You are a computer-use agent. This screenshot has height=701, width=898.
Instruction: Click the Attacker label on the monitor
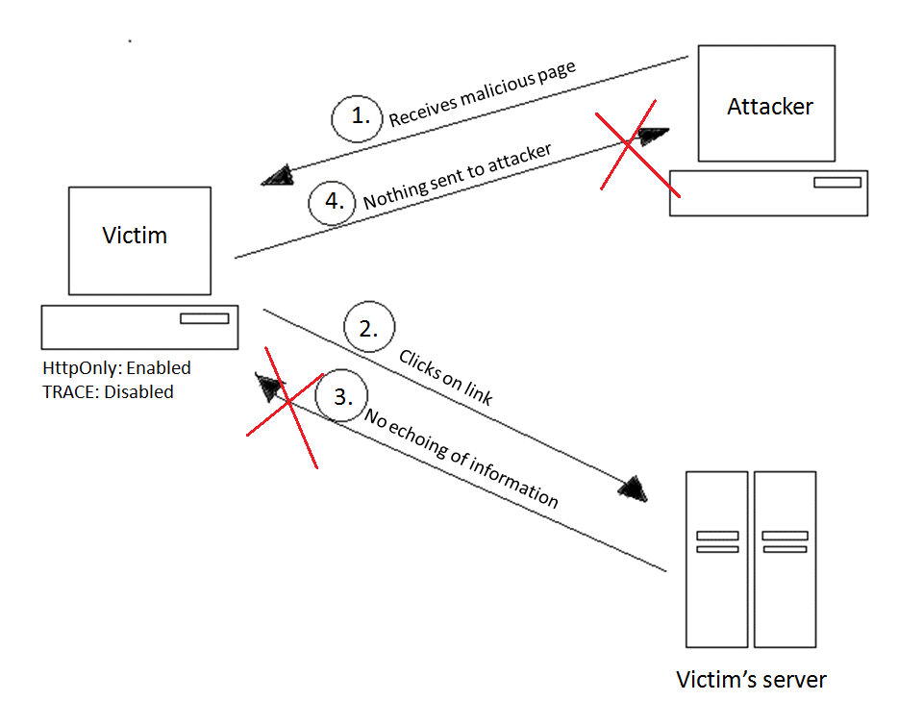[769, 106]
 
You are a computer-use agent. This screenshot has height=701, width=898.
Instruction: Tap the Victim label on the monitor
[135, 236]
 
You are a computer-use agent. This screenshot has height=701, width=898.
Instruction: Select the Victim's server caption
[751, 680]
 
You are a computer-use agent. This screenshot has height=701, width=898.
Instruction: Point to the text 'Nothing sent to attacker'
[457, 177]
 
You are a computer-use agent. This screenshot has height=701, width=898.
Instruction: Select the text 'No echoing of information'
[461, 457]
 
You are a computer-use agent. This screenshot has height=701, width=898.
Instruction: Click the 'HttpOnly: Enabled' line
[116, 368]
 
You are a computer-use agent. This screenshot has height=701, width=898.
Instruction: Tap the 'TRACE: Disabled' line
[108, 391]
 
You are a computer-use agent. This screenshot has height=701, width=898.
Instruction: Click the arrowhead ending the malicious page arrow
[276, 174]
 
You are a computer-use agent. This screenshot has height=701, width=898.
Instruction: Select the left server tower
[717, 558]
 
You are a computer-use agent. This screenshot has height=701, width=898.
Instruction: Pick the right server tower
[785, 558]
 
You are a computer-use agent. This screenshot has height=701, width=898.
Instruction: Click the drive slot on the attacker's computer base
[836, 183]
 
